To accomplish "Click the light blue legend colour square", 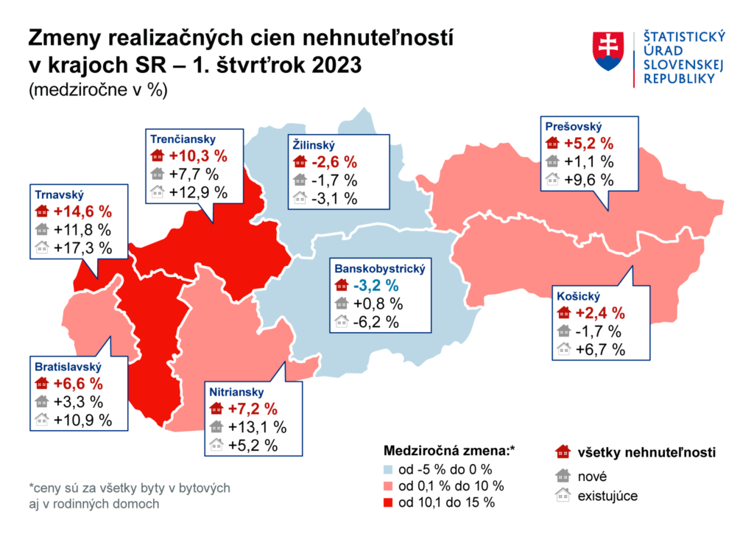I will (x=389, y=469).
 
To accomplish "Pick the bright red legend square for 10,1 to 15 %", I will (x=389, y=503).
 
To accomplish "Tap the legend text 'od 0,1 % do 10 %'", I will (x=451, y=486).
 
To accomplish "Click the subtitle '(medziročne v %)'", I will (x=98, y=91).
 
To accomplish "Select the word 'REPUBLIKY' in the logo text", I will (x=679, y=79).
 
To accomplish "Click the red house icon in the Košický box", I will (x=565, y=312).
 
